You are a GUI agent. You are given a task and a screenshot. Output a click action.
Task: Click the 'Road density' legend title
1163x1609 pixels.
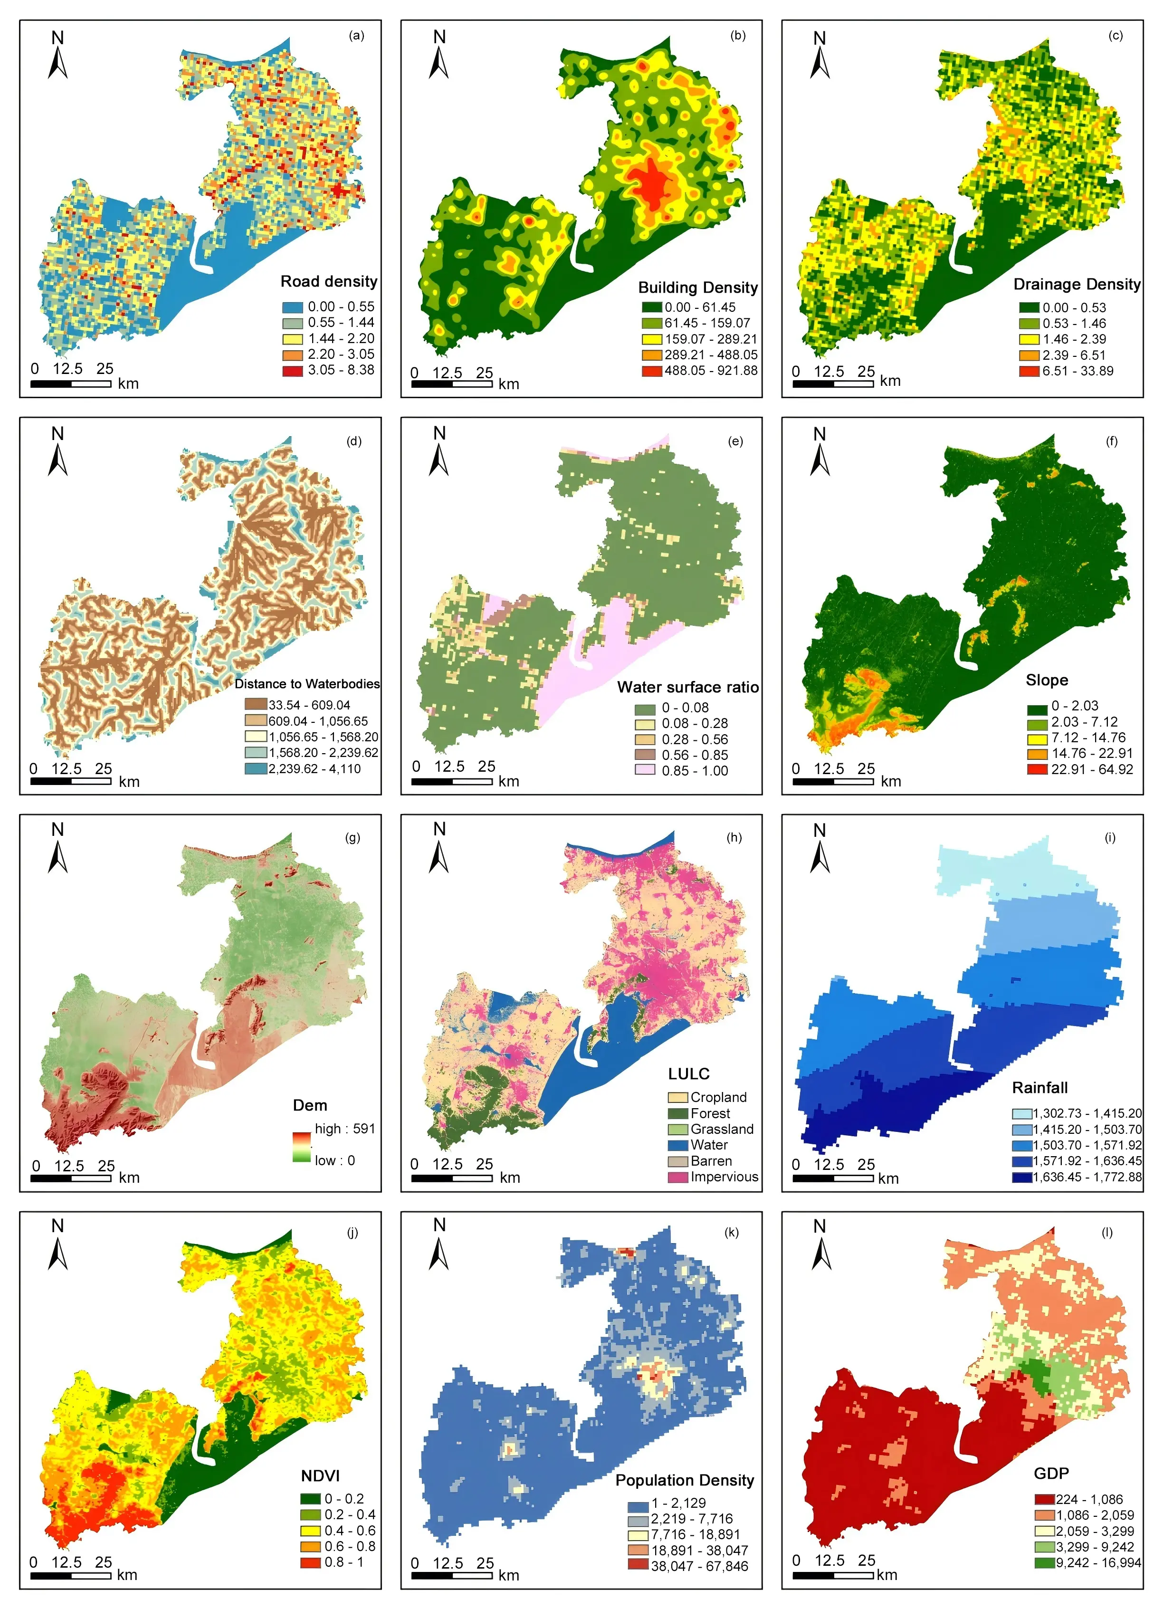pos(329,282)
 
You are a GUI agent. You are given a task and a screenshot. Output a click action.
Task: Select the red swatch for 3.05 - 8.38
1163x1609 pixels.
pos(292,370)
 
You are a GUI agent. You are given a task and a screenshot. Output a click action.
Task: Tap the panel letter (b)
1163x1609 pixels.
pos(737,36)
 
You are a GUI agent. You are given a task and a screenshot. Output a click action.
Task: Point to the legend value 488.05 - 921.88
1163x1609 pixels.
pos(711,370)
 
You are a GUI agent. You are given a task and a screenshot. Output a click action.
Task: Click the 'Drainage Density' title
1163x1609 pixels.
pos(1077,285)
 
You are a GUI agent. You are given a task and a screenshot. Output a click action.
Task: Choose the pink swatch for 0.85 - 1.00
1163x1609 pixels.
pos(645,770)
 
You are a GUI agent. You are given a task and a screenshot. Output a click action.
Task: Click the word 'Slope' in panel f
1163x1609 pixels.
pos(1047,680)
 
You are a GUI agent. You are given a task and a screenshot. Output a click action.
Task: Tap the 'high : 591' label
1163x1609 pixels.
pos(344,1128)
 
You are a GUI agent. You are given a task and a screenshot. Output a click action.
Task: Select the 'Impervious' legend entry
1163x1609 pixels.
pos(724,1177)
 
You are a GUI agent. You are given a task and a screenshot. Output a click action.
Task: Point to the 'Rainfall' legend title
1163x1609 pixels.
pos(1039,1088)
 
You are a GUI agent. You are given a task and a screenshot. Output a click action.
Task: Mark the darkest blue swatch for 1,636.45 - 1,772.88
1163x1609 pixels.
pos(1022,1178)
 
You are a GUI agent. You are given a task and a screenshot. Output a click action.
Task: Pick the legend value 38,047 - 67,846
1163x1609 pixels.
pos(699,1566)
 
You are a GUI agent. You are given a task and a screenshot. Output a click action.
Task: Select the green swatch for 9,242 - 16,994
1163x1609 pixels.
pos(1044,1563)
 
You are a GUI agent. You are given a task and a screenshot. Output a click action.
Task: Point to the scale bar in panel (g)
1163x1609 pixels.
pos(71,1178)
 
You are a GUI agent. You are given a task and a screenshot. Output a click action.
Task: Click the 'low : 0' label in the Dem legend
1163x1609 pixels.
pos(335,1160)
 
